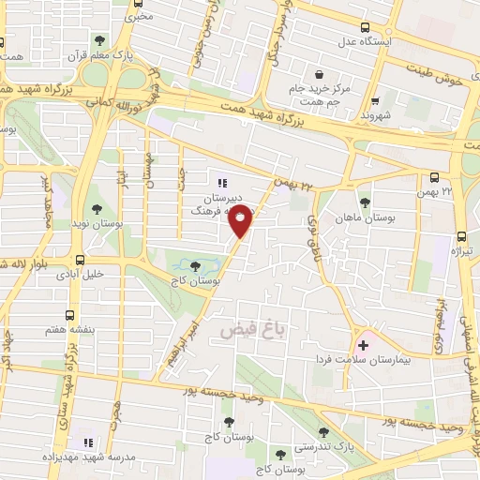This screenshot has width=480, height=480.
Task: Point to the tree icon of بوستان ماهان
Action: (364, 202)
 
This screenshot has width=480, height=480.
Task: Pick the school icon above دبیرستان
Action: (221, 183)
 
